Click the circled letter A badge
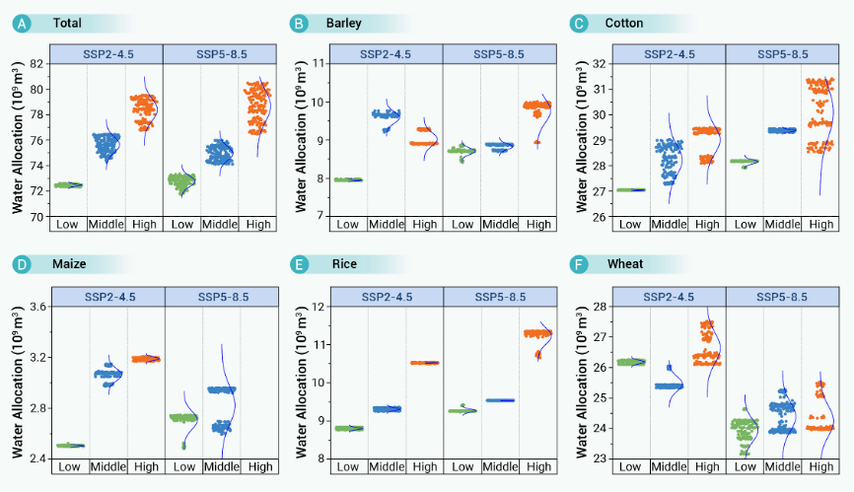pyautogui.click(x=23, y=23)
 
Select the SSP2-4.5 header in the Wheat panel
pyautogui.click(x=669, y=296)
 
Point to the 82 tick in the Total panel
pyautogui.click(x=36, y=63)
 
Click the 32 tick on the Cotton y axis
pyautogui.click(x=600, y=63)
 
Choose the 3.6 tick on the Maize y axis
pyautogui.click(x=35, y=307)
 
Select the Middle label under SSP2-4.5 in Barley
pyautogui.click(x=386, y=225)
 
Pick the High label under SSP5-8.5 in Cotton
pyautogui.click(x=820, y=225)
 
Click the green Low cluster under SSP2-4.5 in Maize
pyautogui.click(x=70, y=446)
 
